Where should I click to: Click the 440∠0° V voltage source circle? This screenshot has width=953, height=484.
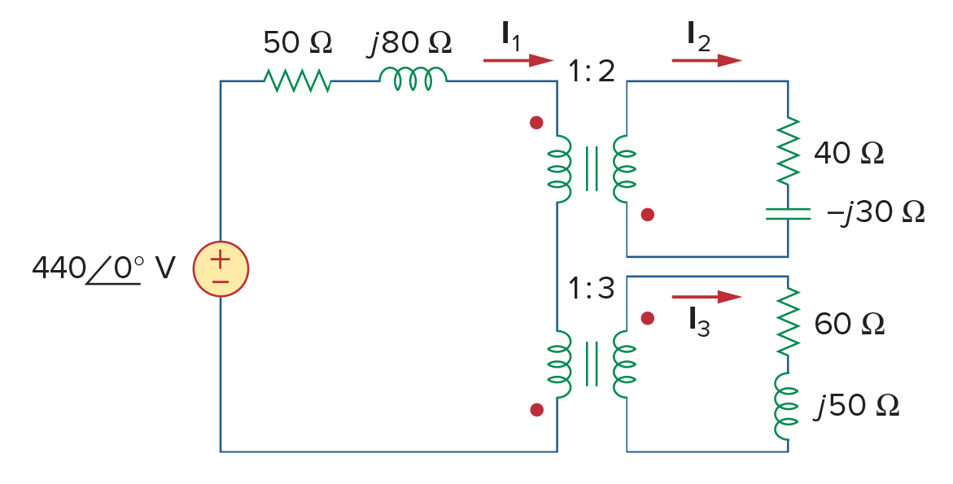pyautogui.click(x=221, y=268)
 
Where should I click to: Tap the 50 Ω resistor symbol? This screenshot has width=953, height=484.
pyautogui.click(x=297, y=81)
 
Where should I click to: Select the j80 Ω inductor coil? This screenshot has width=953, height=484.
pyautogui.click(x=413, y=79)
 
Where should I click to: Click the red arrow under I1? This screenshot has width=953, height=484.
pyautogui.click(x=518, y=60)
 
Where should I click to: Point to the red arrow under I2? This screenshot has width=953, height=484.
pyautogui.click(x=707, y=60)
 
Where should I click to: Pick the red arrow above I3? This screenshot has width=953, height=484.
pyautogui.click(x=707, y=297)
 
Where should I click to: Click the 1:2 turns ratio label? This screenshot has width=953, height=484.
pyautogui.click(x=592, y=72)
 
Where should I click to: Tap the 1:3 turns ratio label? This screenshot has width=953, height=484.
pyautogui.click(x=592, y=289)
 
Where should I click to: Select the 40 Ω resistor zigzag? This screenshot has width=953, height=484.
pyautogui.click(x=789, y=150)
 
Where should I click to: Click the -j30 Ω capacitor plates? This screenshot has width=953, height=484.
pyautogui.click(x=788, y=213)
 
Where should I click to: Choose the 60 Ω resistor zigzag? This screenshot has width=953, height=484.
pyautogui.click(x=789, y=322)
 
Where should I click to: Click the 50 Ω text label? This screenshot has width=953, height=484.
pyautogui.click(x=298, y=42)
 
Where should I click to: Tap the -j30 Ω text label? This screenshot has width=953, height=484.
pyautogui.click(x=876, y=213)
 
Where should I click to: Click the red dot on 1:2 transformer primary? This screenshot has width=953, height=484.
pyautogui.click(x=536, y=123)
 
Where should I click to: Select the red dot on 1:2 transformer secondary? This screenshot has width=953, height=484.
pyautogui.click(x=648, y=215)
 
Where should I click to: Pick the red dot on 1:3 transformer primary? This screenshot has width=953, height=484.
pyautogui.click(x=536, y=410)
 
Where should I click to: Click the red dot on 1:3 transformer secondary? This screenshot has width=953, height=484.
pyautogui.click(x=648, y=318)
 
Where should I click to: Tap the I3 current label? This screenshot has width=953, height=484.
pyautogui.click(x=699, y=322)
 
